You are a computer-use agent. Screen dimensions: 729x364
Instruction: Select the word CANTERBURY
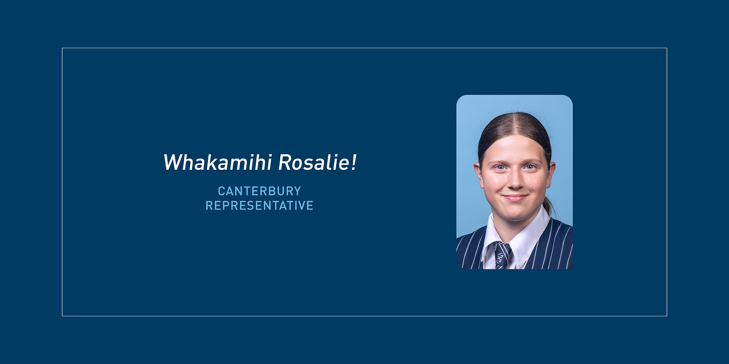coord(260,191)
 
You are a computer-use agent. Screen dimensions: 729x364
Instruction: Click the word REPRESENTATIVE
coord(260,206)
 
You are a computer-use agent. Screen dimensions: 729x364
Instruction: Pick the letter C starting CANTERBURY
coord(222,191)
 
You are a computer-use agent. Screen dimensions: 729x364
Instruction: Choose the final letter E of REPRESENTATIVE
coord(310,206)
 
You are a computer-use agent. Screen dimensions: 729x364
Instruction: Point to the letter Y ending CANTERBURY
coord(297,191)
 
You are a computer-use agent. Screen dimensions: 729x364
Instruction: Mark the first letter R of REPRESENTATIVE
coord(209,206)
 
